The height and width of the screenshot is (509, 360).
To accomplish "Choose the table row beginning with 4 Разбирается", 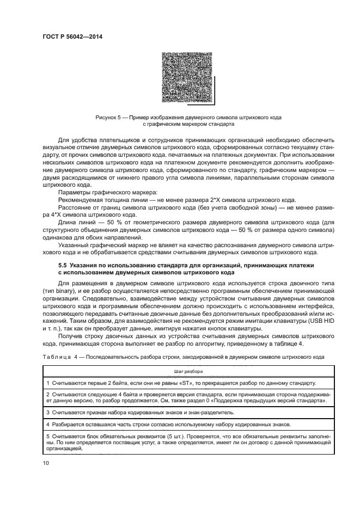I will [136, 424].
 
